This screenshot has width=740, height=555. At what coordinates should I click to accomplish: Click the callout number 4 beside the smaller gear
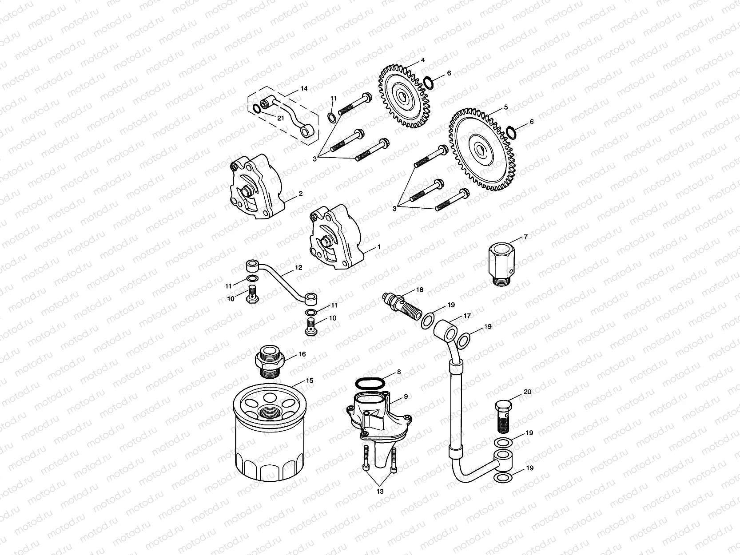(422, 60)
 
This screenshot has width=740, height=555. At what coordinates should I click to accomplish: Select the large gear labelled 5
(482, 150)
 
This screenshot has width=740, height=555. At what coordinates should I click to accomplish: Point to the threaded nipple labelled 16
(270, 361)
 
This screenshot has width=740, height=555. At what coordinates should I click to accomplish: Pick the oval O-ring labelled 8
(370, 384)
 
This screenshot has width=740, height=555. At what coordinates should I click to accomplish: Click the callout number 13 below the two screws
(380, 492)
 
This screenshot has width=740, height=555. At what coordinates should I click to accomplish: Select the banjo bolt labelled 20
(503, 416)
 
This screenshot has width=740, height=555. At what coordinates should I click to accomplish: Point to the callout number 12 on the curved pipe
(298, 268)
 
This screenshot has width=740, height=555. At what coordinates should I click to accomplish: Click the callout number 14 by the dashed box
(304, 89)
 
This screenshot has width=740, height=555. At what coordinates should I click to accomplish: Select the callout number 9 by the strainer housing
(406, 396)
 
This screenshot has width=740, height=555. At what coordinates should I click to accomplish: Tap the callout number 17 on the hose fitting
(467, 316)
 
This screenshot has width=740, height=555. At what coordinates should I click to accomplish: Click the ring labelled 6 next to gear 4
(429, 83)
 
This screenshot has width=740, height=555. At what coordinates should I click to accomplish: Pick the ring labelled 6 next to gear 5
(511, 132)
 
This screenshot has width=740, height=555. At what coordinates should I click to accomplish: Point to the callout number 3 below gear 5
(394, 209)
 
